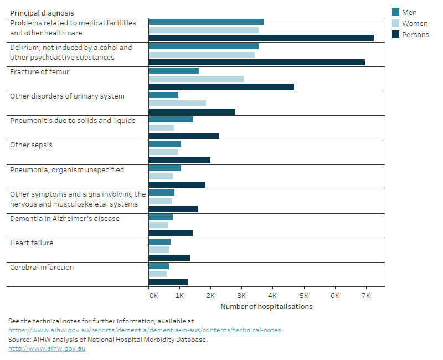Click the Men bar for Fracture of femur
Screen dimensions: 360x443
coord(173,71)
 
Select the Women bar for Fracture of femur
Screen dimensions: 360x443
coord(196,79)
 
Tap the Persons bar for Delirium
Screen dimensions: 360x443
coord(256,62)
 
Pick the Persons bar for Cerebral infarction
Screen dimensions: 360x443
coord(168,282)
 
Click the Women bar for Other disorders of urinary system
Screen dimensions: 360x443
coord(177,103)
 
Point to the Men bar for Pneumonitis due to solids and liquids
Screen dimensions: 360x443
coord(171,120)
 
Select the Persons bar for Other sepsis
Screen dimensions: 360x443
coord(179,161)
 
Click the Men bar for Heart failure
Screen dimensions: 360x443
coord(159,241)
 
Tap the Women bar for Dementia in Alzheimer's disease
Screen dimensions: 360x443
coord(158,225)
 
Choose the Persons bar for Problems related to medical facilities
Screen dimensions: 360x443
coord(261,38)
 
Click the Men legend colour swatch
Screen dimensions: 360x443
coord(395,12)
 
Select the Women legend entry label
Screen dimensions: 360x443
coord(415,24)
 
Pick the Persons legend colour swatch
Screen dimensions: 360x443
coord(395,34)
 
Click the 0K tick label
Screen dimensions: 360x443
coord(153,296)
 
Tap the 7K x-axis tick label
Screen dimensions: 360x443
coord(365,296)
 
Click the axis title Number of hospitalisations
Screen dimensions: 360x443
coord(266,307)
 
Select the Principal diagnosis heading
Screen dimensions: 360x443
coord(42,13)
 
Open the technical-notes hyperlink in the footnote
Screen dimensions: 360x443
coord(144,330)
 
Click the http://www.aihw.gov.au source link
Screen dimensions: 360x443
coord(47,348)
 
